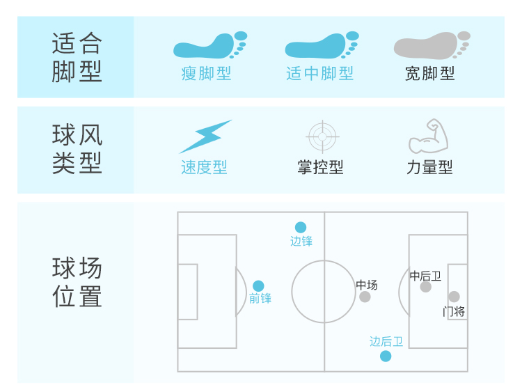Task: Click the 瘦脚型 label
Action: [206, 73]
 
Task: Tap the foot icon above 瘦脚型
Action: [209, 45]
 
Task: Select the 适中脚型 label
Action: [319, 73]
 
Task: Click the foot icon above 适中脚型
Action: [321, 45]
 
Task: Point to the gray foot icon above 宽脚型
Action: [432, 45]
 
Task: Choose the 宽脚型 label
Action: [430, 73]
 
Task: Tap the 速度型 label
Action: [204, 167]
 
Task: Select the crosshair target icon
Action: [322, 136]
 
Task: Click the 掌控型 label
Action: [320, 167]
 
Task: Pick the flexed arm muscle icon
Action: [429, 136]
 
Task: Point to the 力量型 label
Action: [429, 167]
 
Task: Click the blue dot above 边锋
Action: [301, 227]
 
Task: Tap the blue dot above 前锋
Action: [258, 285]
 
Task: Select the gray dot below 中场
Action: [365, 297]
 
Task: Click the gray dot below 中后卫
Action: [426, 287]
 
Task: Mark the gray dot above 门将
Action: [454, 297]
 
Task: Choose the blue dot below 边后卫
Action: [386, 356]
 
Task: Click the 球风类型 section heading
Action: [77, 149]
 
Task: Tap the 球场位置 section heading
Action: [77, 283]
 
